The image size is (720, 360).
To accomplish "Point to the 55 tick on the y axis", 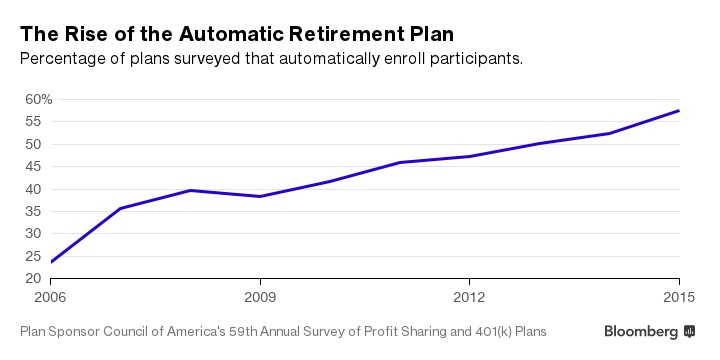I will [33, 121].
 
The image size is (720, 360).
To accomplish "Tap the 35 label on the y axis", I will [33, 211].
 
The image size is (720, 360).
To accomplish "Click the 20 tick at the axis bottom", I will [33, 278].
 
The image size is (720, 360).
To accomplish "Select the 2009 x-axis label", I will [260, 297].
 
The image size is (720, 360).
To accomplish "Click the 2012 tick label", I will [470, 297].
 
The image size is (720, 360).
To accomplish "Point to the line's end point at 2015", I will [679, 110].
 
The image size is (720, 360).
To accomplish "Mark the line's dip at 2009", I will [260, 196].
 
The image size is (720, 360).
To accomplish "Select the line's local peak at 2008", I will [190, 190].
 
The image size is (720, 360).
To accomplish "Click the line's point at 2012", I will [470, 156].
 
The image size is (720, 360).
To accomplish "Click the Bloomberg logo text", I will [641, 331].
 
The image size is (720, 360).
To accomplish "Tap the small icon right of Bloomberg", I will [689, 331].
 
